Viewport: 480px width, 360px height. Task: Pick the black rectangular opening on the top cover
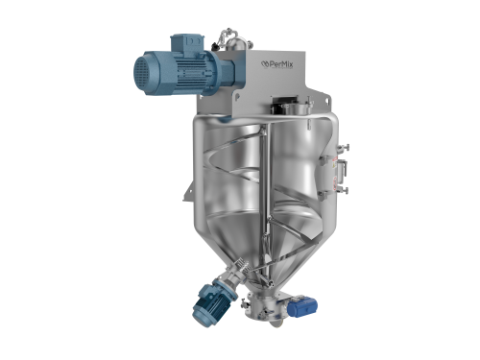(282, 106)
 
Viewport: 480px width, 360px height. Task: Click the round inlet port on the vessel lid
(302, 108)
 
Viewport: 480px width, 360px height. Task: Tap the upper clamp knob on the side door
(346, 148)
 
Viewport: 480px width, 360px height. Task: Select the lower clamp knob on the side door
(345, 191)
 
